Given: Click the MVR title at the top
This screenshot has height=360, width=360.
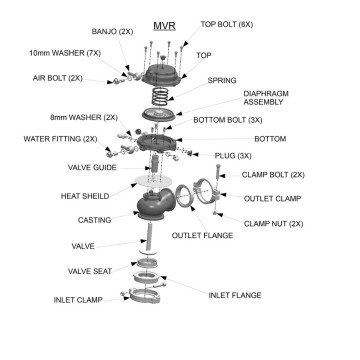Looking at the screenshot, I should coord(164,22).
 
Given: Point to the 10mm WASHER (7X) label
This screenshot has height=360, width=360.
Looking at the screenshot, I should coord(65,51).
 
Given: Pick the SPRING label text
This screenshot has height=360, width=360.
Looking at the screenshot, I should coord(221,80).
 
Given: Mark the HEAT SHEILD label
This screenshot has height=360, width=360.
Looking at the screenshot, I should coord(83,196).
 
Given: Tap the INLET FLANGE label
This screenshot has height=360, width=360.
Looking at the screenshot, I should coord(234,295).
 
